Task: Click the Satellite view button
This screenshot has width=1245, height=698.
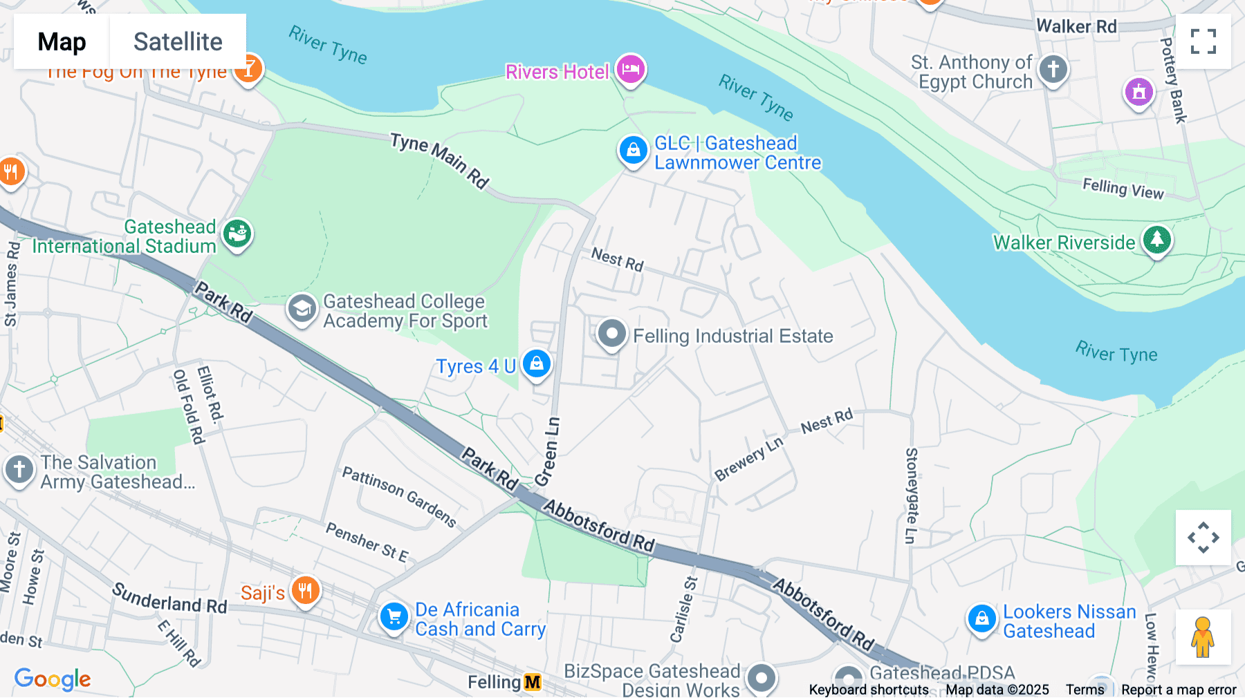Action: click(178, 41)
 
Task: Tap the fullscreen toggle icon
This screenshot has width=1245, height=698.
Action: click(1203, 41)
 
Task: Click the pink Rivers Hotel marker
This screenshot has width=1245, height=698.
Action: click(630, 69)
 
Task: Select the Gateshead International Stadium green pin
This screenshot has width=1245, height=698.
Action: click(237, 234)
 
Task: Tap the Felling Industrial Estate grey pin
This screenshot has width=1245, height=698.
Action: click(611, 334)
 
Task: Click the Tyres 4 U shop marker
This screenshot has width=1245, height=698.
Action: click(537, 364)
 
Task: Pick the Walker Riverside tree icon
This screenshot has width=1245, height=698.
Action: click(1156, 240)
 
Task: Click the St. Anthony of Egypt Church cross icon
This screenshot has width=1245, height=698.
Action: click(1053, 69)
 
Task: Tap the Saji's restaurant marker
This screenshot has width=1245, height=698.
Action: click(305, 591)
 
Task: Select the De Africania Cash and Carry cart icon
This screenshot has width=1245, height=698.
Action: click(394, 616)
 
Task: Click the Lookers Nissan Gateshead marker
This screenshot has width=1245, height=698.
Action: click(981, 619)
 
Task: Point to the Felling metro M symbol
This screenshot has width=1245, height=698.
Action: click(533, 683)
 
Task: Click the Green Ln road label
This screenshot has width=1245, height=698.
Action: click(547, 451)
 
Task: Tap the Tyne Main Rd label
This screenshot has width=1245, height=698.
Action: click(440, 160)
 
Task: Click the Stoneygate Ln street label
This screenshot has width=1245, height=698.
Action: click(912, 495)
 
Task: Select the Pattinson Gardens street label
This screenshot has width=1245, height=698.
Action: click(399, 496)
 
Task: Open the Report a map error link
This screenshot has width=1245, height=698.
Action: click(1178, 690)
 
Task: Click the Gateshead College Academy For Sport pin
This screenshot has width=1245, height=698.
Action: click(302, 310)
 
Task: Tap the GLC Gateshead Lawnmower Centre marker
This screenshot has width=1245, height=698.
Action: click(632, 149)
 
